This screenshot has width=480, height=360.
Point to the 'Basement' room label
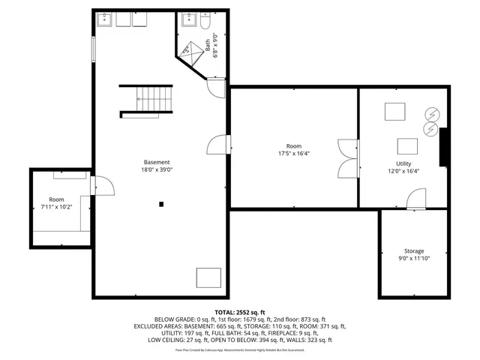(157, 162)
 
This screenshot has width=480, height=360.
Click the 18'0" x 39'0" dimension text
(157, 170)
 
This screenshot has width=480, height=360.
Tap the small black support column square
(160, 202)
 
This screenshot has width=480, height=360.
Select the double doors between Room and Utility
(347, 157)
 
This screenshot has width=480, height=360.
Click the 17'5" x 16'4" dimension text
(293, 154)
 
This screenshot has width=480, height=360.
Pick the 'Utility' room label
(403, 163)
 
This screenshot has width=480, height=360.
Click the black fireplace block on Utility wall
(444, 146)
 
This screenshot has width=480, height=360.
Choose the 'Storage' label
(414, 250)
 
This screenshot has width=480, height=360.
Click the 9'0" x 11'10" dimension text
(414, 259)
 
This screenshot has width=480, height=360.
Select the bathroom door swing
(217, 88)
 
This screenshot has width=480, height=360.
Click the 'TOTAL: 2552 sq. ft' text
(240, 311)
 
